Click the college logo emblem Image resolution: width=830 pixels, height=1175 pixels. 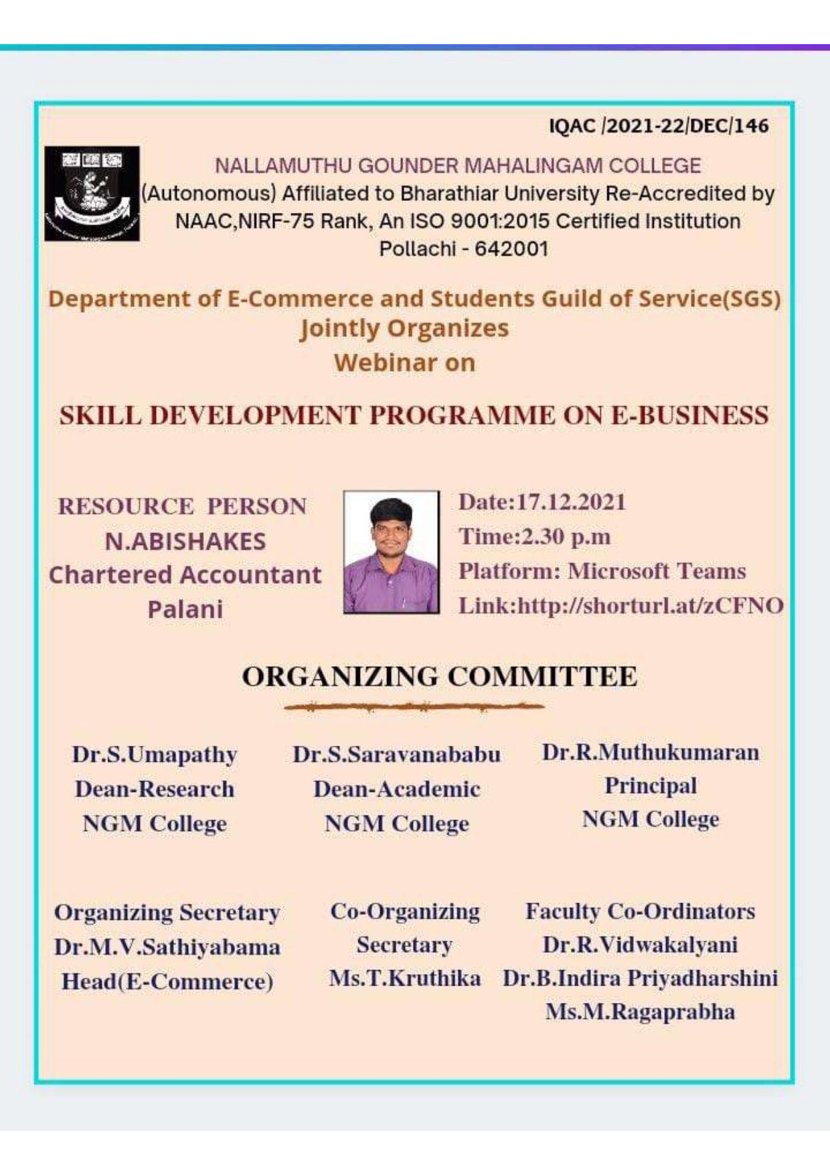pyautogui.click(x=92, y=193)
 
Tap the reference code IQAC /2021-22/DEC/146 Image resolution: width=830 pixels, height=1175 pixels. pyautogui.click(x=659, y=126)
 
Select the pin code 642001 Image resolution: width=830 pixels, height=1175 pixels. pyautogui.click(x=511, y=249)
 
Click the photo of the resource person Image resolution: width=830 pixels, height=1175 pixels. pyautogui.click(x=392, y=552)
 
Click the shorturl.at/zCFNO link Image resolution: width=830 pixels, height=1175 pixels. pyautogui.click(x=650, y=606)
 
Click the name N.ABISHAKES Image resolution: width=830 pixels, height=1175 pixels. pyautogui.click(x=185, y=541)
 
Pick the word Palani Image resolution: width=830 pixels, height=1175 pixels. pyautogui.click(x=185, y=609)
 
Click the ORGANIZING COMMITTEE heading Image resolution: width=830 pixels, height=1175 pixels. pyautogui.click(x=439, y=676)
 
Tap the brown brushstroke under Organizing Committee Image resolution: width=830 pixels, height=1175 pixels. pyautogui.click(x=414, y=706)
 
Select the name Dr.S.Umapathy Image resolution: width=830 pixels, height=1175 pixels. pyautogui.click(x=155, y=755)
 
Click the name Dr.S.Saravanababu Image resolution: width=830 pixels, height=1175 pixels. pyautogui.click(x=396, y=755)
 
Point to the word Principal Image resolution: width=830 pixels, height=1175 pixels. pyautogui.click(x=651, y=786)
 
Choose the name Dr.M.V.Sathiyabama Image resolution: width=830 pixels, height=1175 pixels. pyautogui.click(x=167, y=947)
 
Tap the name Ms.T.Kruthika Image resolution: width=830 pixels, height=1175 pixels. pyautogui.click(x=405, y=978)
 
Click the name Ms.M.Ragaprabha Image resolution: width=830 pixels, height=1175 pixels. pyautogui.click(x=640, y=1012)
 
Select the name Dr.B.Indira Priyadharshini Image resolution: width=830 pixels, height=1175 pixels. pyautogui.click(x=640, y=978)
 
